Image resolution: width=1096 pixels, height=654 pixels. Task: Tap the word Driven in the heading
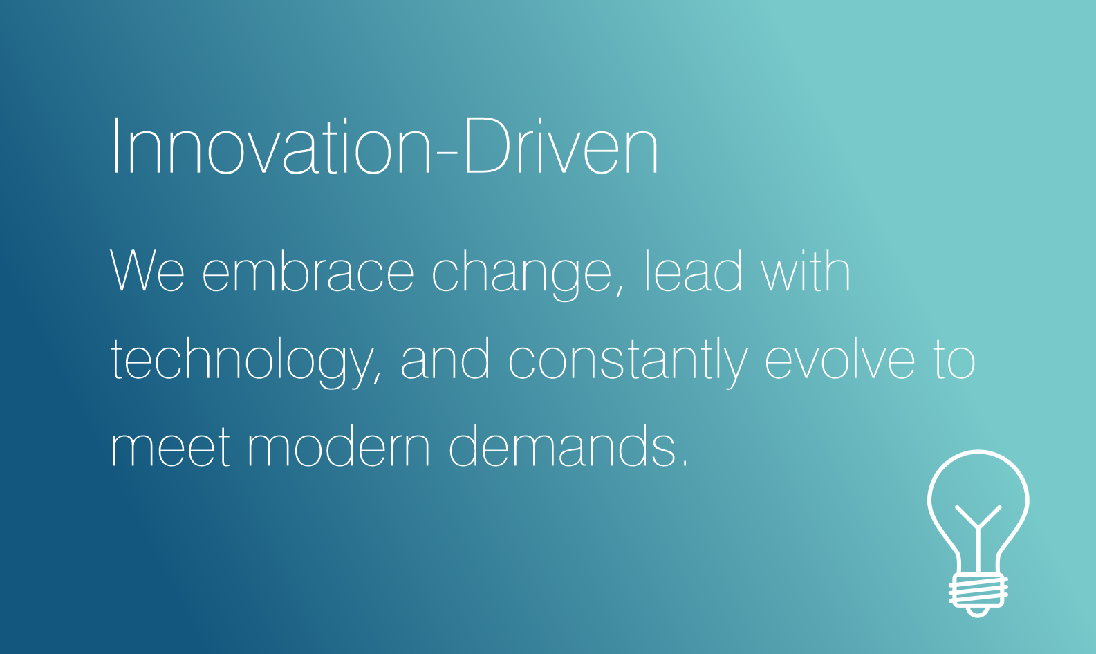[561, 146]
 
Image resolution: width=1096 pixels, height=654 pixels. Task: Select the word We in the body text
[147, 270]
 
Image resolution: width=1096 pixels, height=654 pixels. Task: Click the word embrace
[308, 270]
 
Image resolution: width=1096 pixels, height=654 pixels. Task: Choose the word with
[806, 270]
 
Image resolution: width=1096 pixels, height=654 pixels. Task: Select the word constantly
[629, 362]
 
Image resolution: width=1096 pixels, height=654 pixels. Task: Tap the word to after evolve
[954, 359]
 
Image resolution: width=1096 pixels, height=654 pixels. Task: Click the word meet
[170, 446]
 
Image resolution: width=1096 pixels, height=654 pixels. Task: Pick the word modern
[339, 445]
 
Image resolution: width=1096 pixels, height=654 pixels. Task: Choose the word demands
[562, 445]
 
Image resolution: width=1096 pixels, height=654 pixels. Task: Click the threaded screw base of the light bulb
[978, 591]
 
